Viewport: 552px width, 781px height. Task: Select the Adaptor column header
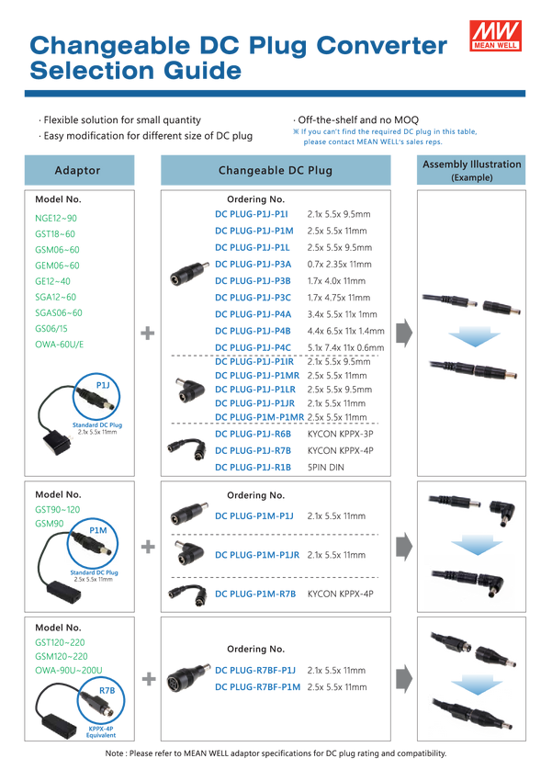[78, 171]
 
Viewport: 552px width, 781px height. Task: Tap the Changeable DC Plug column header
[275, 171]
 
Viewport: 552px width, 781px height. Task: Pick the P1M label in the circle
[98, 531]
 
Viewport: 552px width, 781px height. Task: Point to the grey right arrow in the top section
[404, 334]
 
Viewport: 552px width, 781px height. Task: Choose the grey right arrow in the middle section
[404, 548]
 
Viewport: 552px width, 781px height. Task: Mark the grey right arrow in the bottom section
[404, 679]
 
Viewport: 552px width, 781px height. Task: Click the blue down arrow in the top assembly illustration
[470, 339]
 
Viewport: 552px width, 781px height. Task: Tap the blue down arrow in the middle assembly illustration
[470, 549]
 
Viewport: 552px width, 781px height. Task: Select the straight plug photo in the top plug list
[190, 273]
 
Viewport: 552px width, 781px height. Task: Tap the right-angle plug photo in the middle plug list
[187, 552]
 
